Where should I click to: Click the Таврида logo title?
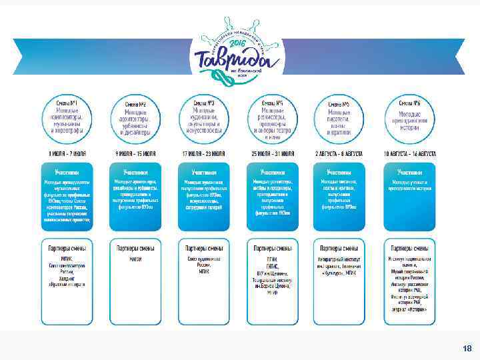(x=233, y=59)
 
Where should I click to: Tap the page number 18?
(x=467, y=348)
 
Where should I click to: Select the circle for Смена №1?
(x=68, y=118)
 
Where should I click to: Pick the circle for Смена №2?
(x=137, y=118)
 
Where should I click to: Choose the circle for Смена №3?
(x=204, y=118)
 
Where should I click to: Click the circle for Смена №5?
(x=341, y=118)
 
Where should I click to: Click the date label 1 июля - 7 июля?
(x=67, y=153)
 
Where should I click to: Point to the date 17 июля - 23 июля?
(x=204, y=153)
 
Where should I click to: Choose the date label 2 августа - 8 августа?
(x=340, y=153)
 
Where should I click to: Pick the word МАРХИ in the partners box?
(x=136, y=259)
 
